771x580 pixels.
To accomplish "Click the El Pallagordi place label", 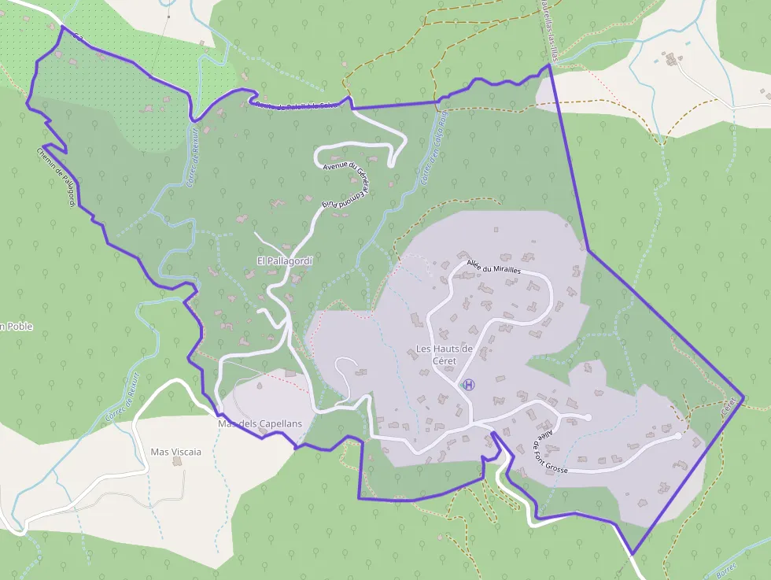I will click(285, 260).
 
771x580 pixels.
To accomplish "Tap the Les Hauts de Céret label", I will click(444, 354).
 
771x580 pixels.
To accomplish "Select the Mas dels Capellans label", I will click(260, 424).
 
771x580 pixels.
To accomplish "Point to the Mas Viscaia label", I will click(176, 452).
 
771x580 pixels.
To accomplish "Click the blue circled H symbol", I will click(470, 385).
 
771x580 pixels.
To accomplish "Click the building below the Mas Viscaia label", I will click(177, 462).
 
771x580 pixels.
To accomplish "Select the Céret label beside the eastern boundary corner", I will click(731, 407).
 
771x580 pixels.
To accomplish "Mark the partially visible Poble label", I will click(17, 327).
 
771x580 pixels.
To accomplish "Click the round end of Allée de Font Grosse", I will click(678, 434).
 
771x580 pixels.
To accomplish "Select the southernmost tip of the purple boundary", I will click(633, 553).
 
